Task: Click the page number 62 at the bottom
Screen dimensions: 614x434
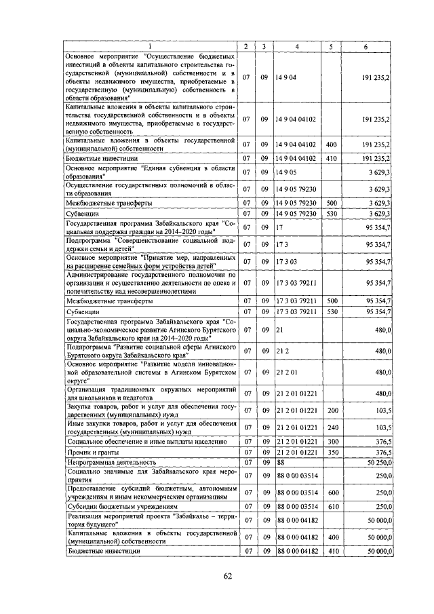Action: pos(228,577)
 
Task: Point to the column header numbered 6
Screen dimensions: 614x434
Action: pos(366,46)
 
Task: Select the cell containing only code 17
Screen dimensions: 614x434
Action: pos(279,227)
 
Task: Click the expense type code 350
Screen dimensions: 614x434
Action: pos(332,452)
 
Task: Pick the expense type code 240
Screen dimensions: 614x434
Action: pos(332,427)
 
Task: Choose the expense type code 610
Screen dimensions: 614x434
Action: pos(332,506)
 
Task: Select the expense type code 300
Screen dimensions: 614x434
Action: pos(332,441)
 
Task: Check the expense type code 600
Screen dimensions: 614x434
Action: pos(332,493)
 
